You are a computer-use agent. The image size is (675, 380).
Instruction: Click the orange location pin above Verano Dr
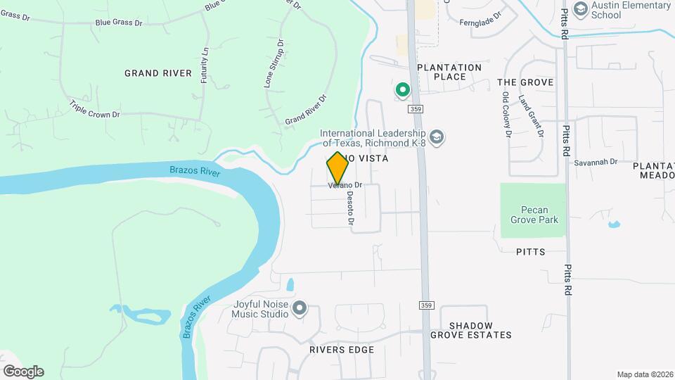point(337,167)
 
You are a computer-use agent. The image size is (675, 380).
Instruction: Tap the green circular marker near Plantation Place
point(403,90)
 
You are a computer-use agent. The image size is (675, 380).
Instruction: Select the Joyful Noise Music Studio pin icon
point(300,308)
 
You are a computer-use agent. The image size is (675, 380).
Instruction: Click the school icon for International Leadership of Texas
point(437,137)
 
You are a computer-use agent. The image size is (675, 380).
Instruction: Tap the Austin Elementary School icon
point(581,8)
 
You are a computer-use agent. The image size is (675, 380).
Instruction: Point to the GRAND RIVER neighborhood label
point(158,73)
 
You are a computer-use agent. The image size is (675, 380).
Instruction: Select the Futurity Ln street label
point(205,66)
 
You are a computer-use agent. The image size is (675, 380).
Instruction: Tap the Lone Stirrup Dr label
point(274,63)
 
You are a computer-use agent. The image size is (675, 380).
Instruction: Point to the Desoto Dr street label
point(349,210)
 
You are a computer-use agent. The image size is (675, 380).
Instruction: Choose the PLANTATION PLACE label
point(449,72)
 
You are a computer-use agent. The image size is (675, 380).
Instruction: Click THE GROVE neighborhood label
point(525,82)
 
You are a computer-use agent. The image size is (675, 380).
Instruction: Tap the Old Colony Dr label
point(506,115)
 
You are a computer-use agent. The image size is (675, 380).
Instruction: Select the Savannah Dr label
point(595,162)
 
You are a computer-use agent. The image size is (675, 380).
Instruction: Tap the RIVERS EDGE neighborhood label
point(342,350)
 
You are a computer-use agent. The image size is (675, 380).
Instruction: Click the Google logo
point(23,371)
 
